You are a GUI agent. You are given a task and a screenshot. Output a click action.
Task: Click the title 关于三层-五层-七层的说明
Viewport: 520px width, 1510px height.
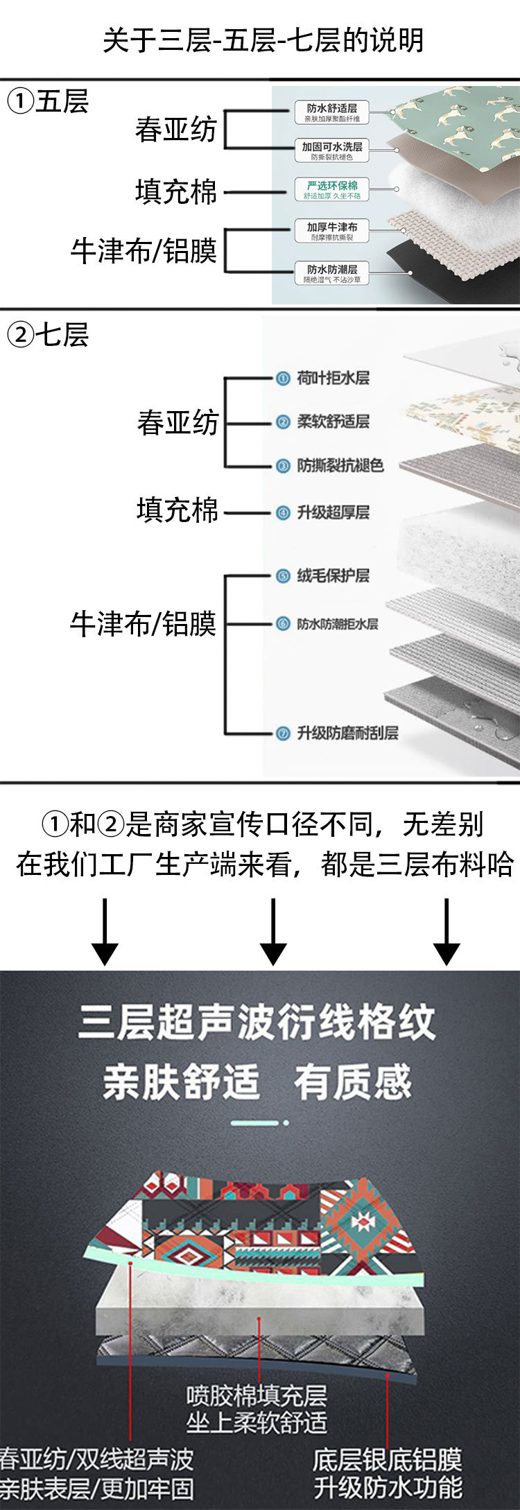263,41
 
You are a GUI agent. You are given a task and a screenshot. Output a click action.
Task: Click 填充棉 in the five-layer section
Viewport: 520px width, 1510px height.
176,192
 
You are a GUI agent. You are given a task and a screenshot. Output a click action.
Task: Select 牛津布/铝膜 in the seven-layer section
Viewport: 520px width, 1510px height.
144,624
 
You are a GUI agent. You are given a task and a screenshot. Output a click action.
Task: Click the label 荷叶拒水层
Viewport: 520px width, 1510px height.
333,378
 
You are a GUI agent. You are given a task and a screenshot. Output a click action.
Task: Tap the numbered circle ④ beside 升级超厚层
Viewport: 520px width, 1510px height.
282,513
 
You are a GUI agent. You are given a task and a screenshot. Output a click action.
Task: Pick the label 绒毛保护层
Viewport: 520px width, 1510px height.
333,575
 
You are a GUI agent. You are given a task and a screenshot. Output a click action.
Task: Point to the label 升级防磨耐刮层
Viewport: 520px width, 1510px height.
347,733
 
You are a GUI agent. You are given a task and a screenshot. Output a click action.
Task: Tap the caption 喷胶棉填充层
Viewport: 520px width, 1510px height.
257,1395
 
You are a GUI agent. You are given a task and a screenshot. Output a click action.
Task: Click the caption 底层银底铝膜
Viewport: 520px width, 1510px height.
387,1459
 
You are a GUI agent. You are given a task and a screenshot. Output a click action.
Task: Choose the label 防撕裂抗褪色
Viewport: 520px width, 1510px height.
340,465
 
